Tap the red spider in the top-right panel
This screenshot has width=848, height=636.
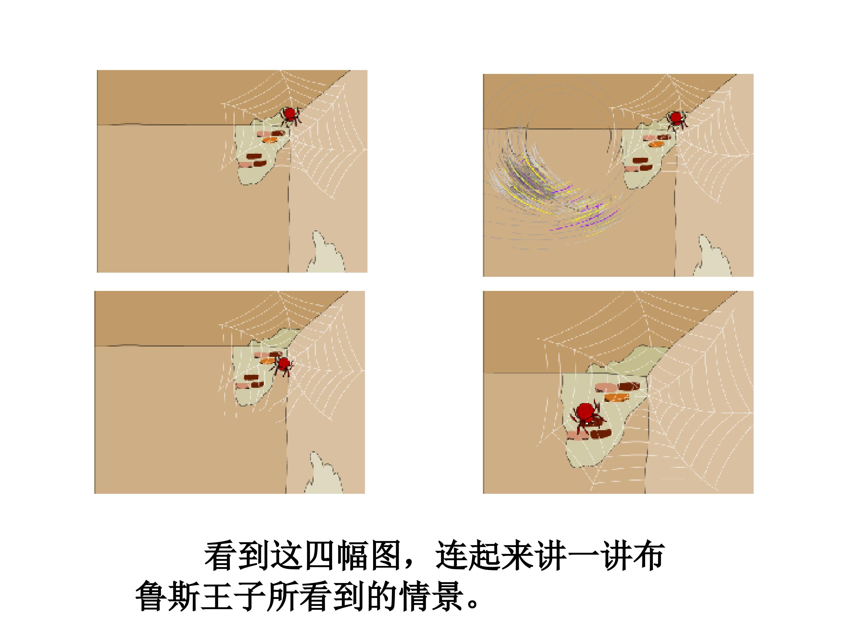(676, 120)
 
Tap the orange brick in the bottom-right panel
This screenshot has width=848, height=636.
(617, 397)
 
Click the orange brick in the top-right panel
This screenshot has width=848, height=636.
(656, 144)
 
